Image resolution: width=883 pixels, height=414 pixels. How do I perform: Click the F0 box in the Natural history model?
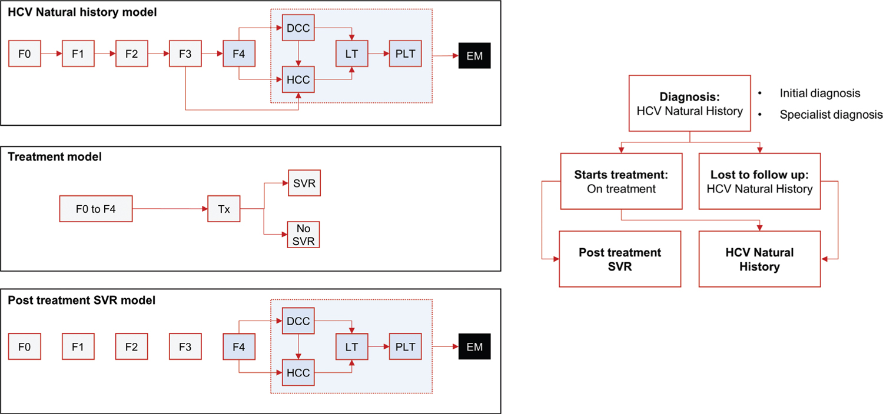(x=24, y=54)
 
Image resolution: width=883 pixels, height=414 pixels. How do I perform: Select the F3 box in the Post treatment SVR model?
(x=185, y=346)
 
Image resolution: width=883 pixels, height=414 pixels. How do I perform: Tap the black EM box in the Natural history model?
(x=474, y=56)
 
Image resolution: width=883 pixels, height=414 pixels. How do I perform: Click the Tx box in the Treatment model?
(x=224, y=209)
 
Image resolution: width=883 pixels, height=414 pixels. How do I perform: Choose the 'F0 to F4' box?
(x=96, y=209)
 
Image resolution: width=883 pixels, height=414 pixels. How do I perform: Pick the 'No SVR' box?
(x=304, y=234)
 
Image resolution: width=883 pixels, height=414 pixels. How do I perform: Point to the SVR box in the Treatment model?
(x=304, y=183)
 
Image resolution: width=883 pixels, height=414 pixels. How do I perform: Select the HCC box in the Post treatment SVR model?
(x=298, y=373)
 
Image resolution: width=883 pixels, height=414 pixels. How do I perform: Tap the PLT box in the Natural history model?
(x=405, y=54)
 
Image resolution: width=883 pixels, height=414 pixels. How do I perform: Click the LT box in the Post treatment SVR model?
(x=351, y=346)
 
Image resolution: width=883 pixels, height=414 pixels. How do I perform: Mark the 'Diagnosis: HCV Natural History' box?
(x=690, y=103)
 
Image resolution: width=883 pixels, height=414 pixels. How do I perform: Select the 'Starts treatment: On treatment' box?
(x=621, y=181)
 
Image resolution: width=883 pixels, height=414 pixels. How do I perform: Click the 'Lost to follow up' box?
(x=759, y=181)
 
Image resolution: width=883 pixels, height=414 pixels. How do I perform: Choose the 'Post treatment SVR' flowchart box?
(x=620, y=259)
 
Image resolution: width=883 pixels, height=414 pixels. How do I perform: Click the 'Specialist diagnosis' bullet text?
(x=831, y=115)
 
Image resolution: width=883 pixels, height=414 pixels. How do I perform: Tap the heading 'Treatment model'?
(x=55, y=157)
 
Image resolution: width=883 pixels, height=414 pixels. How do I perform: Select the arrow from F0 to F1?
(x=51, y=54)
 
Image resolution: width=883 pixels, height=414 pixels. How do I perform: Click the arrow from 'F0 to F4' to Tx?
(x=170, y=209)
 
